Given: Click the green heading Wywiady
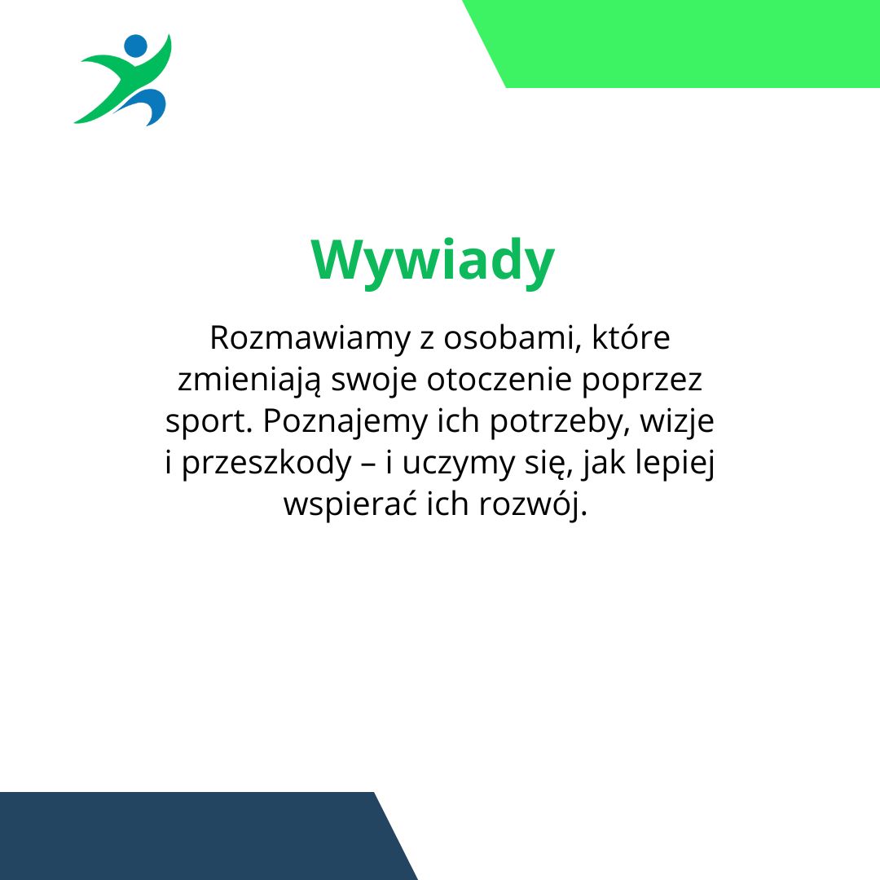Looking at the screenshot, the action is click(433, 262).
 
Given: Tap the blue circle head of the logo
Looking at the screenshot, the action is click(135, 46).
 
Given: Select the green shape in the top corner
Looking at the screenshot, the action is click(671, 44).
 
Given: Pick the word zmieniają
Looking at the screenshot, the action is click(250, 381).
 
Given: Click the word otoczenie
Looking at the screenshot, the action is click(499, 380).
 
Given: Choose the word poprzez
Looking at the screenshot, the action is click(641, 381).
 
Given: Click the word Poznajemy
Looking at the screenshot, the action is click(345, 423).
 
